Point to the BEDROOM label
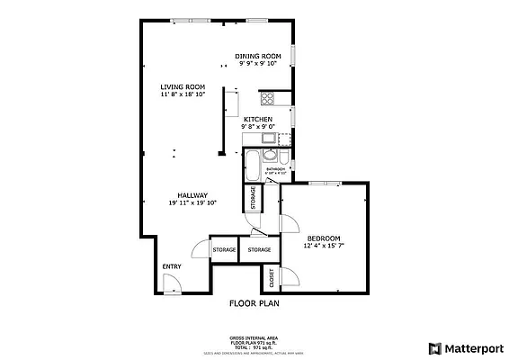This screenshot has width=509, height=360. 324,238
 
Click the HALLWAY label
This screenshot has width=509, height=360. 192,195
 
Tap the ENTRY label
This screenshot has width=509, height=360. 171,266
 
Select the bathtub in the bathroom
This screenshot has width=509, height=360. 252,166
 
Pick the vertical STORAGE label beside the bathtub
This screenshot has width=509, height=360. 253,198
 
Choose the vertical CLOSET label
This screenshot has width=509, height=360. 271,279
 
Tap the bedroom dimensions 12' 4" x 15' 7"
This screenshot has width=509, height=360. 324,246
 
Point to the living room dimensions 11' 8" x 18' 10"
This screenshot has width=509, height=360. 183,94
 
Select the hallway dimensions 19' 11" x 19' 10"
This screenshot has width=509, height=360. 192,203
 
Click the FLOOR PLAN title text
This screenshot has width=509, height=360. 254,304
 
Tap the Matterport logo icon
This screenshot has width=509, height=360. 434,347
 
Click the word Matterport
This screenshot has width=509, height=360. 474,347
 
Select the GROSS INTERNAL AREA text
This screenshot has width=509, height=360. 254,338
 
